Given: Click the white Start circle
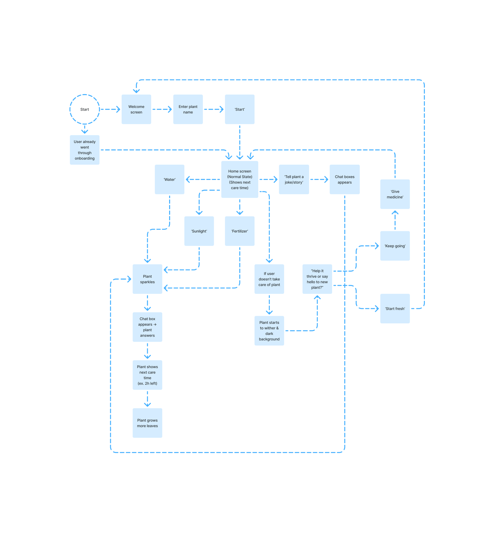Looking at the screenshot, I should [x=85, y=109].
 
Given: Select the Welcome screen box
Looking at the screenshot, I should [x=136, y=109].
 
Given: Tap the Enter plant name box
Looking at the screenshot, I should [x=188, y=109].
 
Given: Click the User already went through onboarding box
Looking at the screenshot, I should [x=85, y=150].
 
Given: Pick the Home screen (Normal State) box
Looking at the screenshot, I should [x=240, y=179].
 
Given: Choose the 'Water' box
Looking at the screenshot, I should [x=169, y=179].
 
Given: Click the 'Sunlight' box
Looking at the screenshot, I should [x=199, y=231].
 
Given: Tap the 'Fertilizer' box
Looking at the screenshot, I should [x=240, y=231].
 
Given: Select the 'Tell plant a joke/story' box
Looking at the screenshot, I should [x=294, y=179].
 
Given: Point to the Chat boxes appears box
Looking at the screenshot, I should [x=344, y=179].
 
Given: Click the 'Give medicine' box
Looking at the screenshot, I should [x=395, y=194].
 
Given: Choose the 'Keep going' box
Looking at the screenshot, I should [x=395, y=246].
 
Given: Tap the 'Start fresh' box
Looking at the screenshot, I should [x=395, y=308].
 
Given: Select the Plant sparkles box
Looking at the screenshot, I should [x=147, y=279].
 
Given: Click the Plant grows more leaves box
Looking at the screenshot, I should [x=147, y=423].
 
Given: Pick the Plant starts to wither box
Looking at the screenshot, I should [x=269, y=331].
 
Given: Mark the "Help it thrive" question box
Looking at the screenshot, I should [x=317, y=279].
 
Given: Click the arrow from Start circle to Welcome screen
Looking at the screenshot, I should [x=110, y=109].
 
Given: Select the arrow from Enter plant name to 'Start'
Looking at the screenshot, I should [x=214, y=109].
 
